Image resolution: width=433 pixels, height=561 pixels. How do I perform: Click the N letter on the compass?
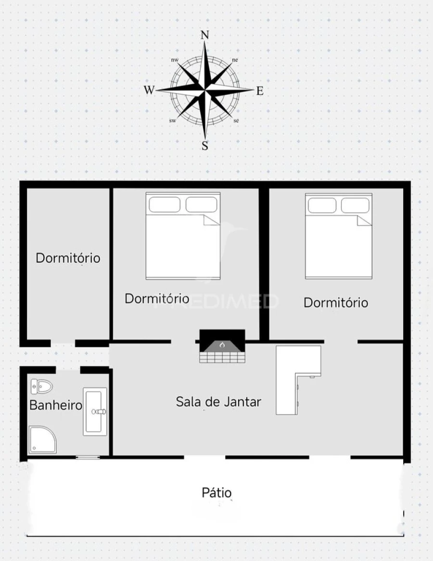coord(205,35)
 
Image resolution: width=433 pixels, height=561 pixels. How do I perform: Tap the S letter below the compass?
coord(205,146)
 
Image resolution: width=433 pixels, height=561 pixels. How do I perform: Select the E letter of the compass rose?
coord(260,90)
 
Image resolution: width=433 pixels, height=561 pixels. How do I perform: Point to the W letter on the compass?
coord(149,90)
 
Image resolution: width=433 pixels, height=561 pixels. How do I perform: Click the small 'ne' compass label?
coord(235,60)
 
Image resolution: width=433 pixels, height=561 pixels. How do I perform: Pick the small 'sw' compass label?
coord(172,120)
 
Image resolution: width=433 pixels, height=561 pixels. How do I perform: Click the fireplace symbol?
coord(222,346)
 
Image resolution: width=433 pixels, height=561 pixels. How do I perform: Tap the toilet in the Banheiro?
coord(42,386)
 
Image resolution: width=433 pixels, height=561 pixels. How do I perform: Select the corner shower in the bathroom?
coord(42,439)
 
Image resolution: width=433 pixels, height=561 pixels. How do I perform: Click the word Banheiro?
coord(56,405)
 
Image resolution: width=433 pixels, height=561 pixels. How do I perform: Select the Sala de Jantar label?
coord(218,402)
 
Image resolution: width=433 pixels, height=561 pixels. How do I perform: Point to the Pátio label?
coord(216,493)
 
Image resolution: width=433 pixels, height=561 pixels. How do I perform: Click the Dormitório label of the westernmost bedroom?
coord(68,258)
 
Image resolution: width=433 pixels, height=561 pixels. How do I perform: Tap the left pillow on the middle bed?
coord(165,204)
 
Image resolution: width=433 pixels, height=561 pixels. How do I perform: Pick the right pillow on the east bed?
coord(355,205)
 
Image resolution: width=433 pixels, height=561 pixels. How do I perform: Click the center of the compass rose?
coord(205,90)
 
